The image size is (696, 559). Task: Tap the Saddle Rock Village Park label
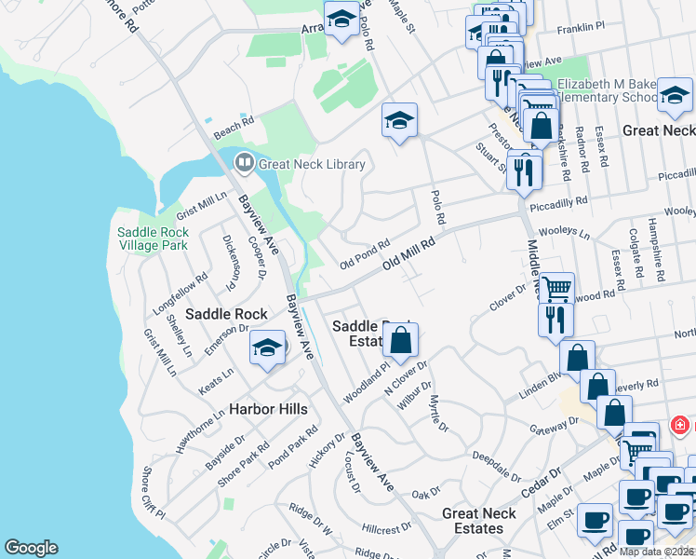pyautogui.click(x=153, y=239)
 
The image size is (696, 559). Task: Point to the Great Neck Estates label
pyautogui.click(x=479, y=521)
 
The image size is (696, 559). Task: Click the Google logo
pyautogui.click(x=31, y=548)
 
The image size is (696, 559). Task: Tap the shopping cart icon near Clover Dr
pyautogui.click(x=556, y=289)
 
